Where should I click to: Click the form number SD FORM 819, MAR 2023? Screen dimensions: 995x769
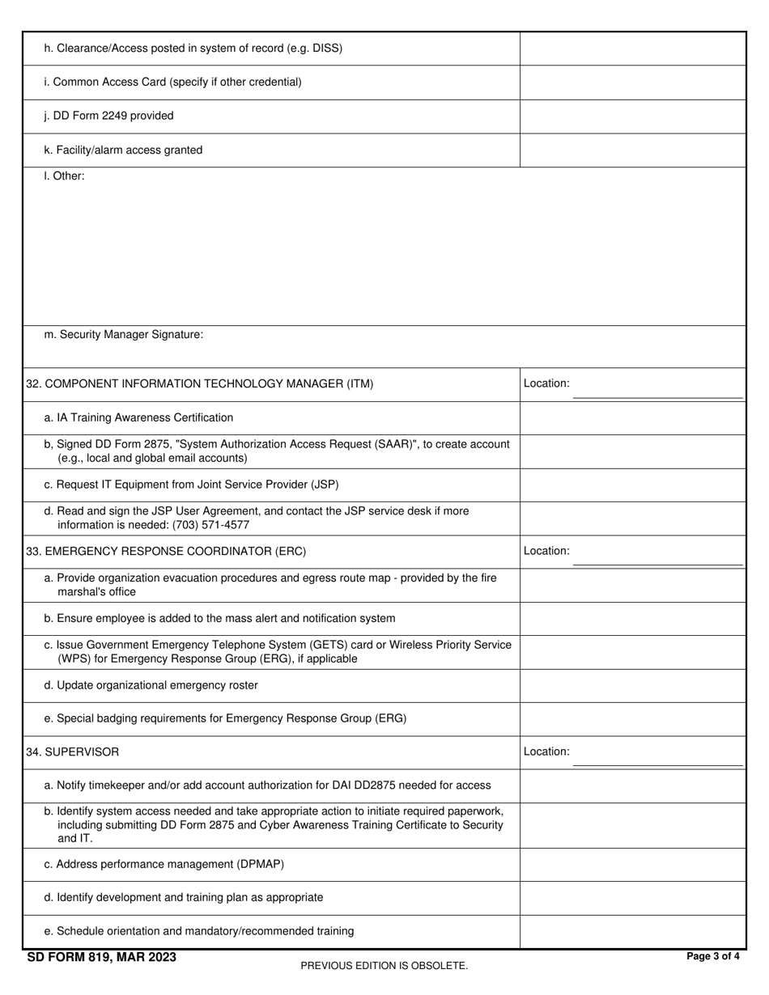(101, 958)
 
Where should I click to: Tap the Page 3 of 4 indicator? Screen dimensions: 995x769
(712, 956)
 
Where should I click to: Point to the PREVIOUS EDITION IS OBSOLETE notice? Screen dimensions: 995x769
(384, 965)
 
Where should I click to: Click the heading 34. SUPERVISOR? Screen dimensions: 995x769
(73, 752)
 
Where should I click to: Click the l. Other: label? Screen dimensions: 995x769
(64, 176)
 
